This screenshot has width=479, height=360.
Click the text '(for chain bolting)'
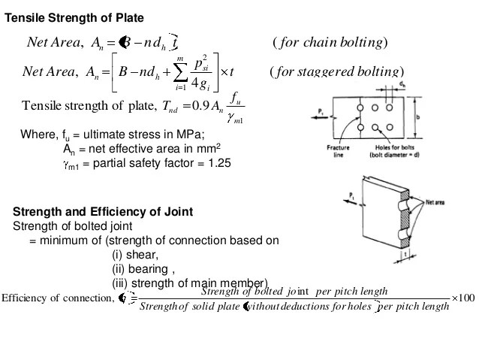(x=330, y=42)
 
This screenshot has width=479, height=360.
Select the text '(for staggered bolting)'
(x=335, y=71)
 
